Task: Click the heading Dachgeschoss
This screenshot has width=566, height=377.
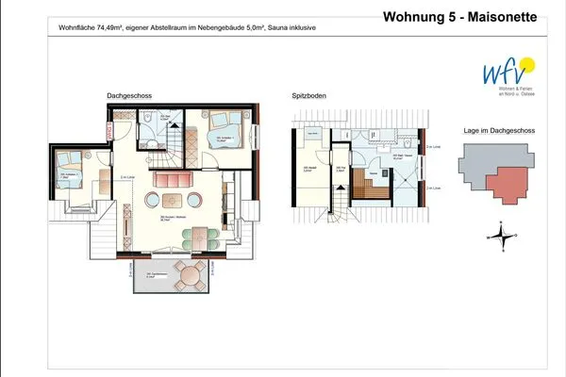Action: click(130, 95)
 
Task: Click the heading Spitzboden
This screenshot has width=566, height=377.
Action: click(310, 95)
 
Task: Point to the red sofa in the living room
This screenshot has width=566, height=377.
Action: click(173, 179)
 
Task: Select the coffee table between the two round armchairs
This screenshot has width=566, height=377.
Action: click(172, 200)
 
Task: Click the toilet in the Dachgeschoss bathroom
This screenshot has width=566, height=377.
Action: click(152, 120)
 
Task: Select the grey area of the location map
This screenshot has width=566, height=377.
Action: click(481, 166)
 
